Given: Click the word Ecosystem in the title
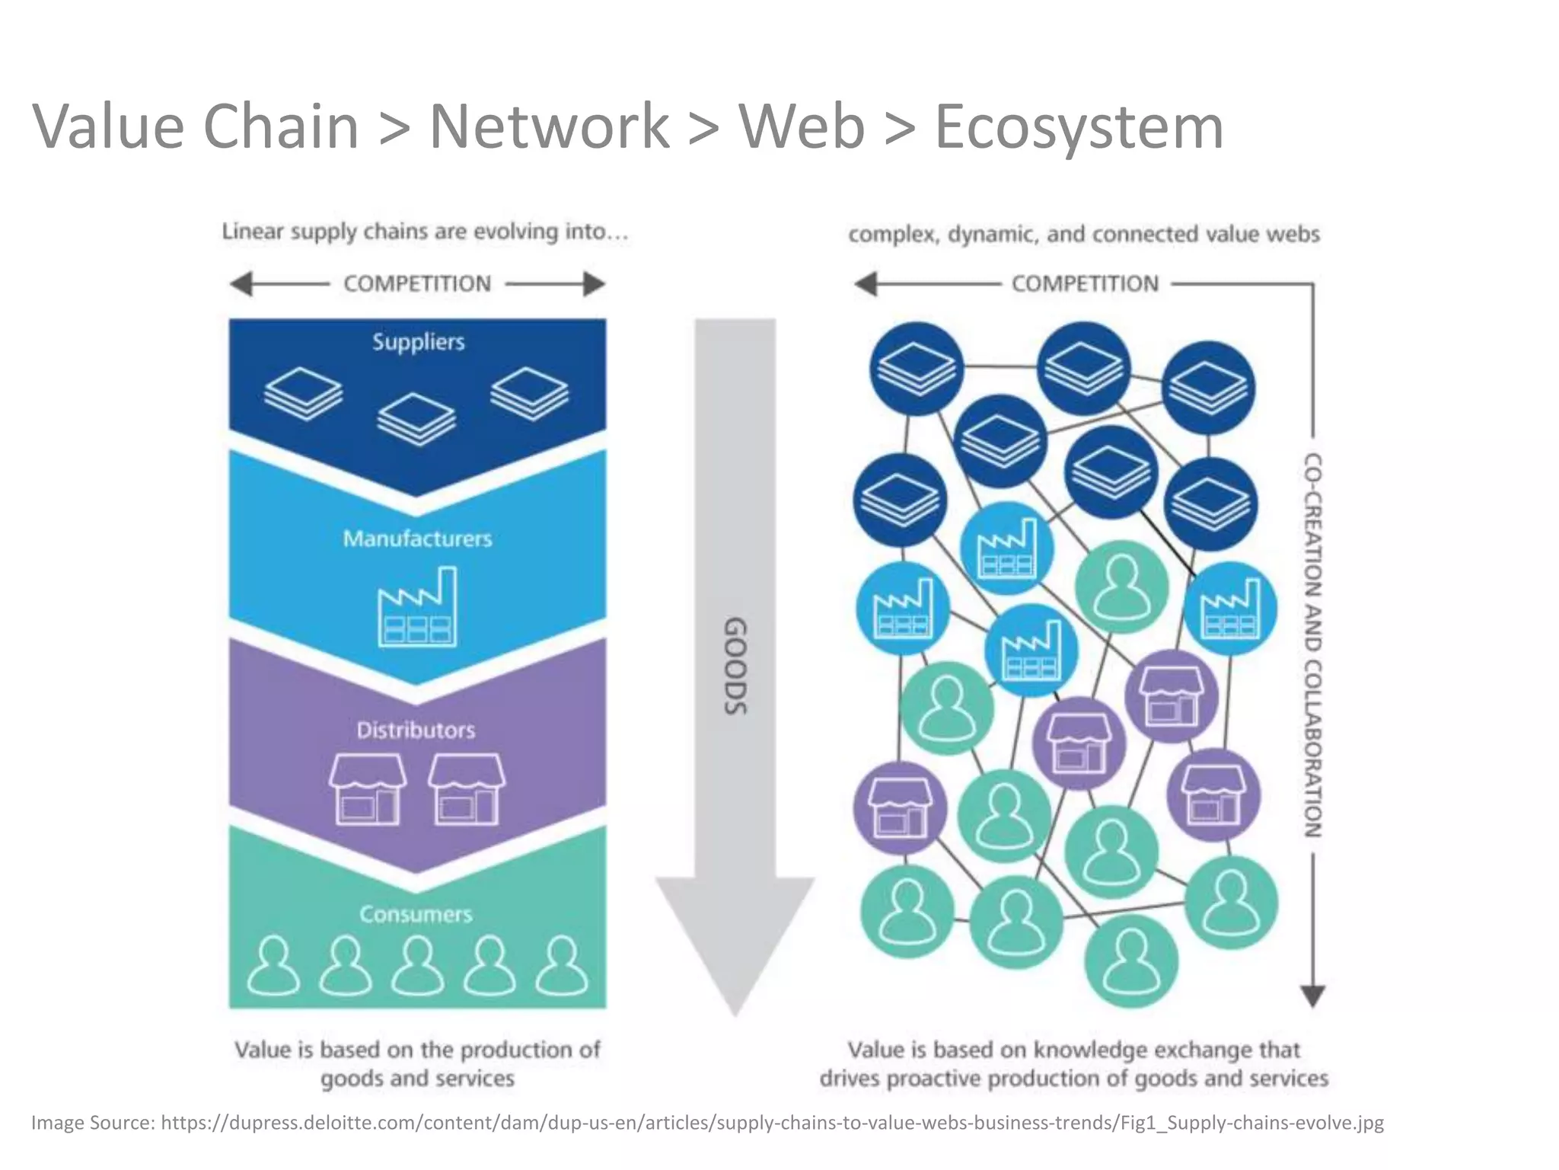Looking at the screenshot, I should click(x=1079, y=127).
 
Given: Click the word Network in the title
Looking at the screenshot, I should click(x=549, y=127).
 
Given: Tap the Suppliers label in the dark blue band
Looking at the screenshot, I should click(x=418, y=342).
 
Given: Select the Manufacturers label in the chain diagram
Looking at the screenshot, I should click(x=417, y=539).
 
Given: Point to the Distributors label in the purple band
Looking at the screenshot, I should click(x=416, y=730).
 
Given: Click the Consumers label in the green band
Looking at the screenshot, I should click(x=416, y=914).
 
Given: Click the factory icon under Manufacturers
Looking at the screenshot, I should click(x=418, y=608).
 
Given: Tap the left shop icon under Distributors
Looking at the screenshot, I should click(x=367, y=789).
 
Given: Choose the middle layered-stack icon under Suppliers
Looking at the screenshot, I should click(x=416, y=419).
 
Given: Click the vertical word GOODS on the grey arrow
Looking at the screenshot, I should click(x=735, y=666).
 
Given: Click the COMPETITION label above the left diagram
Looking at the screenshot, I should click(x=417, y=284).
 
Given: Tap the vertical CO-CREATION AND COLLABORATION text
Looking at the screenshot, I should click(x=1313, y=645).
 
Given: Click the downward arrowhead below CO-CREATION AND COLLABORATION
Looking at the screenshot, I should click(x=1313, y=996).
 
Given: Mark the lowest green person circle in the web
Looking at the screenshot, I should click(x=1130, y=961).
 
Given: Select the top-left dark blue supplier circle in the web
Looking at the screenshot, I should click(x=917, y=369).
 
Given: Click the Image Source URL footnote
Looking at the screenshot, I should click(x=707, y=1123).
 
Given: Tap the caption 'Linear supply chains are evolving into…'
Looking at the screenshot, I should click(x=425, y=232).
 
